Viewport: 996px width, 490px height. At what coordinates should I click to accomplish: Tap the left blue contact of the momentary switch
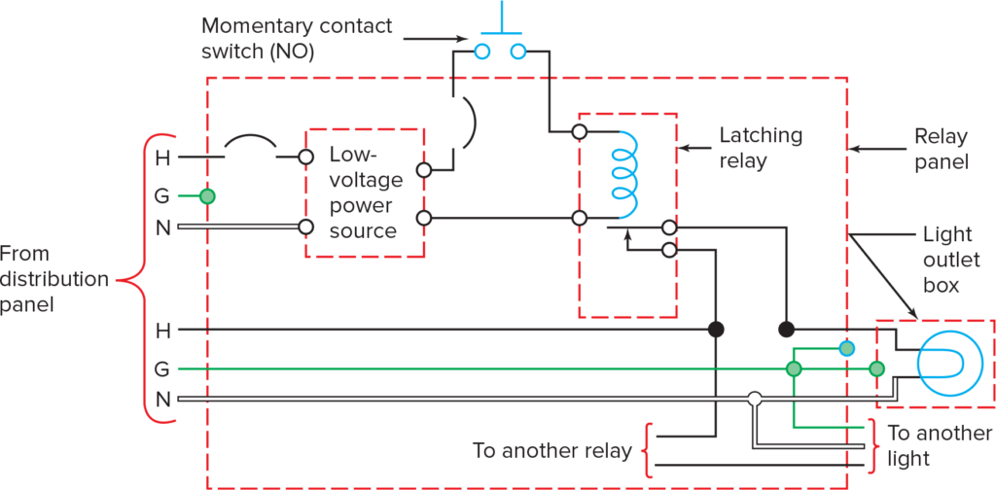pos(480,51)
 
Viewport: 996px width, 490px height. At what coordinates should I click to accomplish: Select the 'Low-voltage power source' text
pos(363,192)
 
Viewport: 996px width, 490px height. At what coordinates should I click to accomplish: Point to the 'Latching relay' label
pos(761,148)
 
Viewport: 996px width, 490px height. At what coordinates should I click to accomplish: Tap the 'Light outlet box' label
pos(941,261)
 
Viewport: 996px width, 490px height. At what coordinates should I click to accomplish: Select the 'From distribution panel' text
pos(53,280)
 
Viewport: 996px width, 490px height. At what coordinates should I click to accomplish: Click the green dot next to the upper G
pos(206,196)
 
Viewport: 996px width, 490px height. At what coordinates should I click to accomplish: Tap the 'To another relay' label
pos(551,451)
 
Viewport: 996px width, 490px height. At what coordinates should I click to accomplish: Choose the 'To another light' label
pos(939,444)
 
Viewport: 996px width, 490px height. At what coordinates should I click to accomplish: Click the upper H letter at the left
pos(162,156)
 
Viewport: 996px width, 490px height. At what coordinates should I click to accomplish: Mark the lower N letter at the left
pos(162,400)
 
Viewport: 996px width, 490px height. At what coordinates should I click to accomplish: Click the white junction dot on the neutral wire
pos(754,399)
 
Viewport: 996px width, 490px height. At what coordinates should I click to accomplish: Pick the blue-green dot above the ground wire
pos(847,348)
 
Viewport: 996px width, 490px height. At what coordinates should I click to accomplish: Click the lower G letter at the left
pos(162,369)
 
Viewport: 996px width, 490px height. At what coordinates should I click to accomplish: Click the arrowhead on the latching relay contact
pos(627,235)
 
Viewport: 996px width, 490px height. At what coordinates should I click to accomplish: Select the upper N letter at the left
pos(162,227)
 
